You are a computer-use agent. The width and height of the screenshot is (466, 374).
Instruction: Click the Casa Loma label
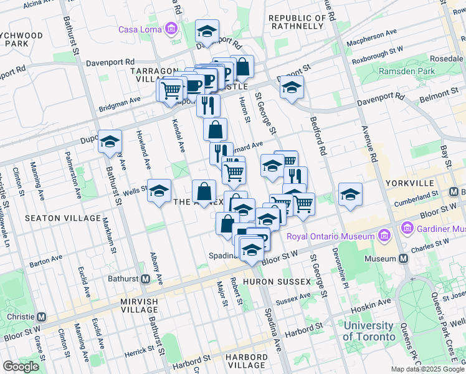coord(141,29)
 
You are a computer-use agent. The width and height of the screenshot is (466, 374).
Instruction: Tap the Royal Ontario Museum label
coord(331,236)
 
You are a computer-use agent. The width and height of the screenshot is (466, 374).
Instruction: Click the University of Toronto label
coord(369,331)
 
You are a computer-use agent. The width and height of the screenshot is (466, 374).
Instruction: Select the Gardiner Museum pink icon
coord(409,228)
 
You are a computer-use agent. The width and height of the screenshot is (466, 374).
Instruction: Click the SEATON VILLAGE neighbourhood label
coord(62,218)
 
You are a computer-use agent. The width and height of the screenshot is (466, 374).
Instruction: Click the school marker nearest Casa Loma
coord(207,31)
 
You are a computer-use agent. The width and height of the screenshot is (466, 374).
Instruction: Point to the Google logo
coord(21,367)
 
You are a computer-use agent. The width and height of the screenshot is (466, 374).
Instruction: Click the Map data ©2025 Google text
coord(427,370)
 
